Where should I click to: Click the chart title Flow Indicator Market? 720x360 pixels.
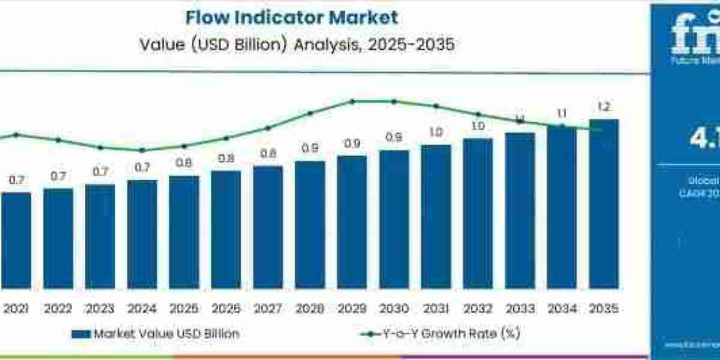click(291, 17)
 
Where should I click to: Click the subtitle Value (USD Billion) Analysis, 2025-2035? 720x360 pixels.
click(291, 46)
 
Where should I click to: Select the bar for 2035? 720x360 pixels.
click(604, 204)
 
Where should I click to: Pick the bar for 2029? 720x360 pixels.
click(352, 222)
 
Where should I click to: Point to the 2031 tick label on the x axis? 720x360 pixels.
click(436, 309)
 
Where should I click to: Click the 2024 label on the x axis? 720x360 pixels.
click(142, 309)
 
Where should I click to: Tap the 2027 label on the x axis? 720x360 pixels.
click(268, 309)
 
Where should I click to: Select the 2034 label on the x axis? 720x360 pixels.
click(562, 309)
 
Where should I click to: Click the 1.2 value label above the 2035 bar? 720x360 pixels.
click(604, 108)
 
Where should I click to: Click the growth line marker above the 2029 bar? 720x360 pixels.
click(352, 101)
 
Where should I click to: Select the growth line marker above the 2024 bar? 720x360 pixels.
click(142, 151)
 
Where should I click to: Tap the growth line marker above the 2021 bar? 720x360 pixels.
click(16, 135)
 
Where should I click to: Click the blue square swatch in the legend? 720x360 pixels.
click(80, 334)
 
